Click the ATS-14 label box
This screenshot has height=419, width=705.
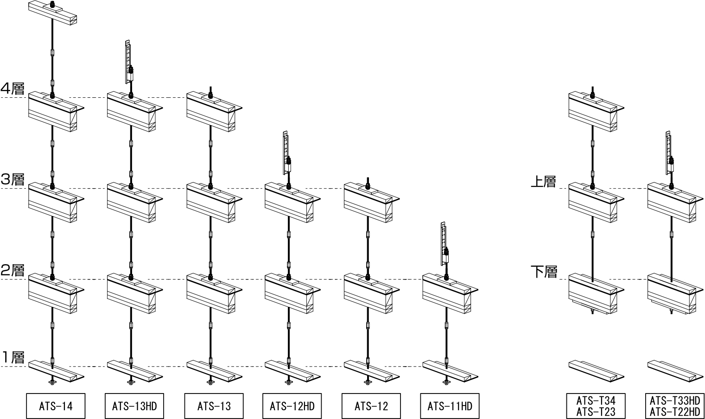pos(56,406)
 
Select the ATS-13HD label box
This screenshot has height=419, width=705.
pos(134,406)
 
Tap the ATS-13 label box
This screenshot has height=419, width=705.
pos(214,406)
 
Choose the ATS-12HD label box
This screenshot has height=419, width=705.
pos(292,406)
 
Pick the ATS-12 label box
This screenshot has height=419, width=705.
pos(371,406)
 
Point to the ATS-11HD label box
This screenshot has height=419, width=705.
pos(450,406)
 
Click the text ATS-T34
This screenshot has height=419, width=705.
pos(596,401)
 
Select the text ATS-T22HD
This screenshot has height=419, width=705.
pos(674,412)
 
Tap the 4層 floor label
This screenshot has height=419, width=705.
pos(13,89)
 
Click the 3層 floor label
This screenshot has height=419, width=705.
pos(13,179)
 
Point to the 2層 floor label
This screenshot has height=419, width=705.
pos(13,270)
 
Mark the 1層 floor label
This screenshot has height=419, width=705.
pos(13,357)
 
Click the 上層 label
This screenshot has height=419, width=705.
pos(543,181)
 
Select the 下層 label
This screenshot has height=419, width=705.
pos(543,272)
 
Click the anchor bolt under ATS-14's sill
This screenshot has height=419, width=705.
pos(52,381)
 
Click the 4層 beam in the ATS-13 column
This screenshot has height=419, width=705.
pos(213,114)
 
